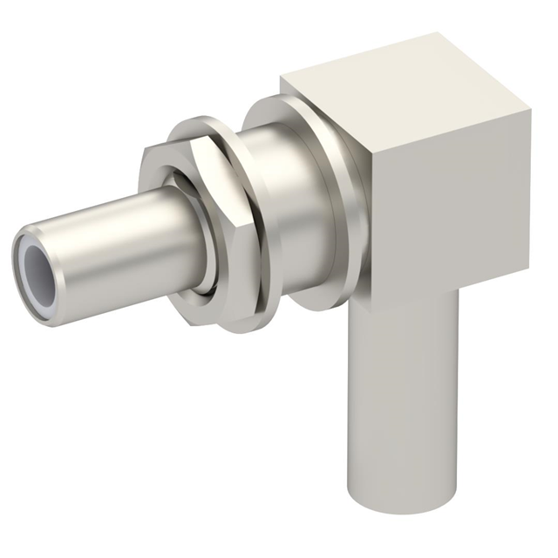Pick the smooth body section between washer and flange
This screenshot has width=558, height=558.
292,209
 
